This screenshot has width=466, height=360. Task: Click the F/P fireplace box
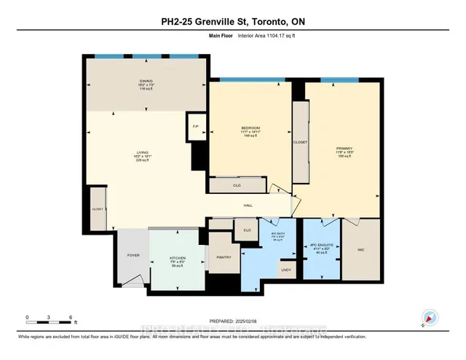point(196,126)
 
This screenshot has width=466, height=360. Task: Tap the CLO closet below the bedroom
point(237,186)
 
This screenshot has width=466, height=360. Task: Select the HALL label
point(248,206)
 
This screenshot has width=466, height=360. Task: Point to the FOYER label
point(133,256)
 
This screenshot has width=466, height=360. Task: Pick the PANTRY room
point(224,257)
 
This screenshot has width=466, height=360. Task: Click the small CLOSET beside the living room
point(97,208)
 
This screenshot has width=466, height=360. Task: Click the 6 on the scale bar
point(71,318)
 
